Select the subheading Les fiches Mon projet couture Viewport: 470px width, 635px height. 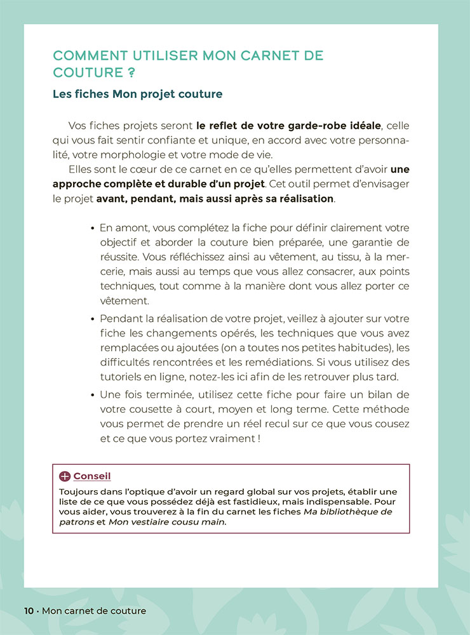[137, 95]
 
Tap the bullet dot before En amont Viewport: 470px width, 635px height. [93, 228]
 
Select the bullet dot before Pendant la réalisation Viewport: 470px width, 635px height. [93, 319]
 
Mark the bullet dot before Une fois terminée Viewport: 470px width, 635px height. [93, 395]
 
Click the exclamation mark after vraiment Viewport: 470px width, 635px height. [259, 439]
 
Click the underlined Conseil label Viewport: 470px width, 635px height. [92, 476]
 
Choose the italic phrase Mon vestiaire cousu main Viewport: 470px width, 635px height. [167, 523]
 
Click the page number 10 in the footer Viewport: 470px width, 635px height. [29, 611]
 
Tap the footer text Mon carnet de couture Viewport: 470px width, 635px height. [94, 611]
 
